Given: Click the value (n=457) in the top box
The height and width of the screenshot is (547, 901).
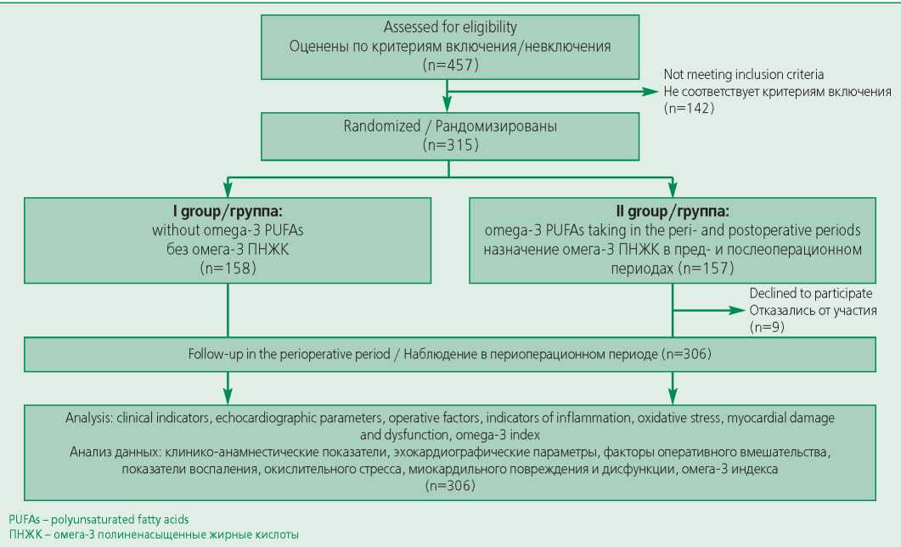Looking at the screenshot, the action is [450, 65].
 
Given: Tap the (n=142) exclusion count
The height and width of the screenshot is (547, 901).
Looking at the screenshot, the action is [689, 108].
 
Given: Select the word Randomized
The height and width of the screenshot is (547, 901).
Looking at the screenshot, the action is [381, 126].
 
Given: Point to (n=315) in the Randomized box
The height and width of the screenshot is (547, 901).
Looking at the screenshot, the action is [450, 144].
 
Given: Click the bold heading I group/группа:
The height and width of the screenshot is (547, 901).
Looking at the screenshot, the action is [228, 211].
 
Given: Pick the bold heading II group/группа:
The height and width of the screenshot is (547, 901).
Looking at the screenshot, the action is [673, 211].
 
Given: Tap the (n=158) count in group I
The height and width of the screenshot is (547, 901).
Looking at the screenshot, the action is [228, 268].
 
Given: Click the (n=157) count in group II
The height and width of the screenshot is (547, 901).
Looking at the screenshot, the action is [707, 268].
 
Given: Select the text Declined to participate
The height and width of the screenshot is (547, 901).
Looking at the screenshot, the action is [811, 293].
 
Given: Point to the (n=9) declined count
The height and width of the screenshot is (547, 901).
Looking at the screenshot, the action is [767, 327].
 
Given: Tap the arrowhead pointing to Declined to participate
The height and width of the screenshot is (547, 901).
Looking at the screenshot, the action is [736, 310].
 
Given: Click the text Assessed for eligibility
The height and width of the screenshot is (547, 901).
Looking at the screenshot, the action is [450, 27].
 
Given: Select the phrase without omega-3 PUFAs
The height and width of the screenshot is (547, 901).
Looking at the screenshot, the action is [228, 230].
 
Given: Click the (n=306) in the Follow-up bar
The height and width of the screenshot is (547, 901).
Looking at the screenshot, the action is [687, 354].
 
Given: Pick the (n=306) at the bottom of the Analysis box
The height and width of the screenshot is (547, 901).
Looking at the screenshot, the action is [450, 486].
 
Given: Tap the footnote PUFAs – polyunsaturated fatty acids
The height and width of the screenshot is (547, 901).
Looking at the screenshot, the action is [99, 520].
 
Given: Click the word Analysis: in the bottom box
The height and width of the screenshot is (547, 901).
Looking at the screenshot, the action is [89, 418].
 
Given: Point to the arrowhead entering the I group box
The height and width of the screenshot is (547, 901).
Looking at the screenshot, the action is [228, 190].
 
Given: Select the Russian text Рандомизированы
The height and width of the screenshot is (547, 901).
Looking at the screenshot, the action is [497, 126].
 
